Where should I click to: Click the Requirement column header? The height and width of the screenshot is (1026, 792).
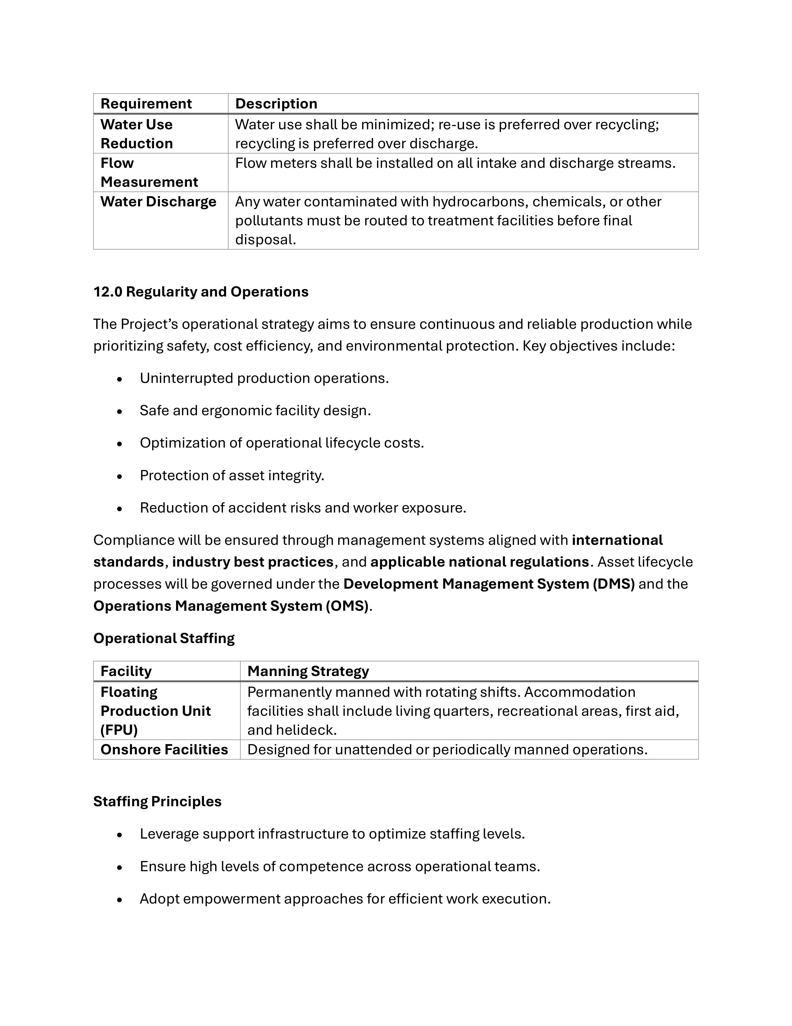point(146,104)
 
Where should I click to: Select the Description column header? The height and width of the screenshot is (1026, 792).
point(276,104)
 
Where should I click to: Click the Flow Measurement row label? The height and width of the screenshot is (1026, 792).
point(149,173)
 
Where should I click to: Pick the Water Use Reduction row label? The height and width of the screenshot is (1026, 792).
point(137,134)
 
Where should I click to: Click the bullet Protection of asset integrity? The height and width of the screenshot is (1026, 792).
point(232,476)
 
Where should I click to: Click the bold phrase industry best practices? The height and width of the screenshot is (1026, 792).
point(253,562)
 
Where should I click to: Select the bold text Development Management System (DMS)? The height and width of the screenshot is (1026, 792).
point(489,584)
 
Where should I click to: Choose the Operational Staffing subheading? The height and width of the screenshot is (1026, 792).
point(164,638)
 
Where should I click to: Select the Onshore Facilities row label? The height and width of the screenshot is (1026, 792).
point(164,749)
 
